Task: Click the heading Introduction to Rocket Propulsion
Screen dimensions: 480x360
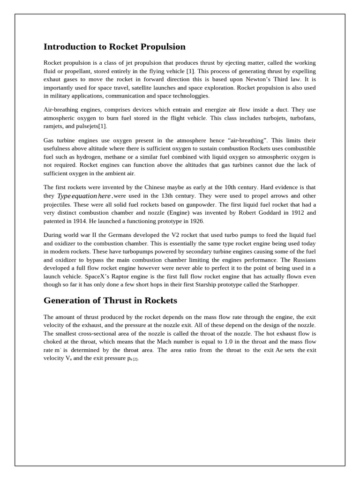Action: [x=114, y=47]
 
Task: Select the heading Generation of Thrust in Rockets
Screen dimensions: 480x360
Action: [x=110, y=300]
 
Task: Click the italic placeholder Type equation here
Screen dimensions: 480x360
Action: [x=84, y=196]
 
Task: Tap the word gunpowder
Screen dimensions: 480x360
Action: [x=197, y=204]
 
